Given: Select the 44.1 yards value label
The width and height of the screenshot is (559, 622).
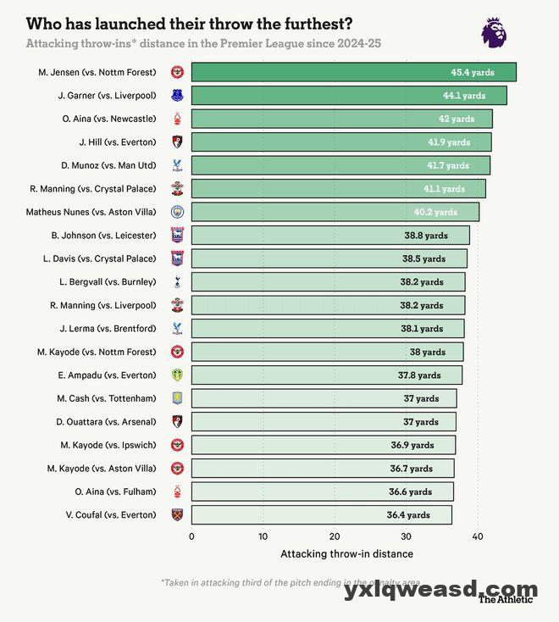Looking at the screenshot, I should click(x=464, y=96).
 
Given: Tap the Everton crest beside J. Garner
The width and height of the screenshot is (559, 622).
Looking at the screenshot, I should click(x=178, y=96).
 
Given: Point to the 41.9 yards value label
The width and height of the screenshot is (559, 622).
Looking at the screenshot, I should click(x=448, y=142).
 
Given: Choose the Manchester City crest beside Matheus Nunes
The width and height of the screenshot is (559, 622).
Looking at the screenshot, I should click(x=178, y=212).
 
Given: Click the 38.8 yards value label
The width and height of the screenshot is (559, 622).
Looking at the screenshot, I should click(x=425, y=236).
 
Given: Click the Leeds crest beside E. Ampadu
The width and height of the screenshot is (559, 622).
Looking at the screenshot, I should click(x=178, y=375).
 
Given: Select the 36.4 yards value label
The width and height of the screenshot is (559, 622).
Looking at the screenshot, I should click(x=408, y=514).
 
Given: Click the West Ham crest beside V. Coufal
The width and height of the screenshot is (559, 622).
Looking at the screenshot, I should click(x=178, y=514).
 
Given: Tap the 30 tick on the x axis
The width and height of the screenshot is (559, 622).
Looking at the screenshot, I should click(x=407, y=536).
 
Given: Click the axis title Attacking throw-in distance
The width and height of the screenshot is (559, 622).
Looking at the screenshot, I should click(x=346, y=554).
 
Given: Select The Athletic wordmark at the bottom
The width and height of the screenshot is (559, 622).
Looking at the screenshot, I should click(x=506, y=599).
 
